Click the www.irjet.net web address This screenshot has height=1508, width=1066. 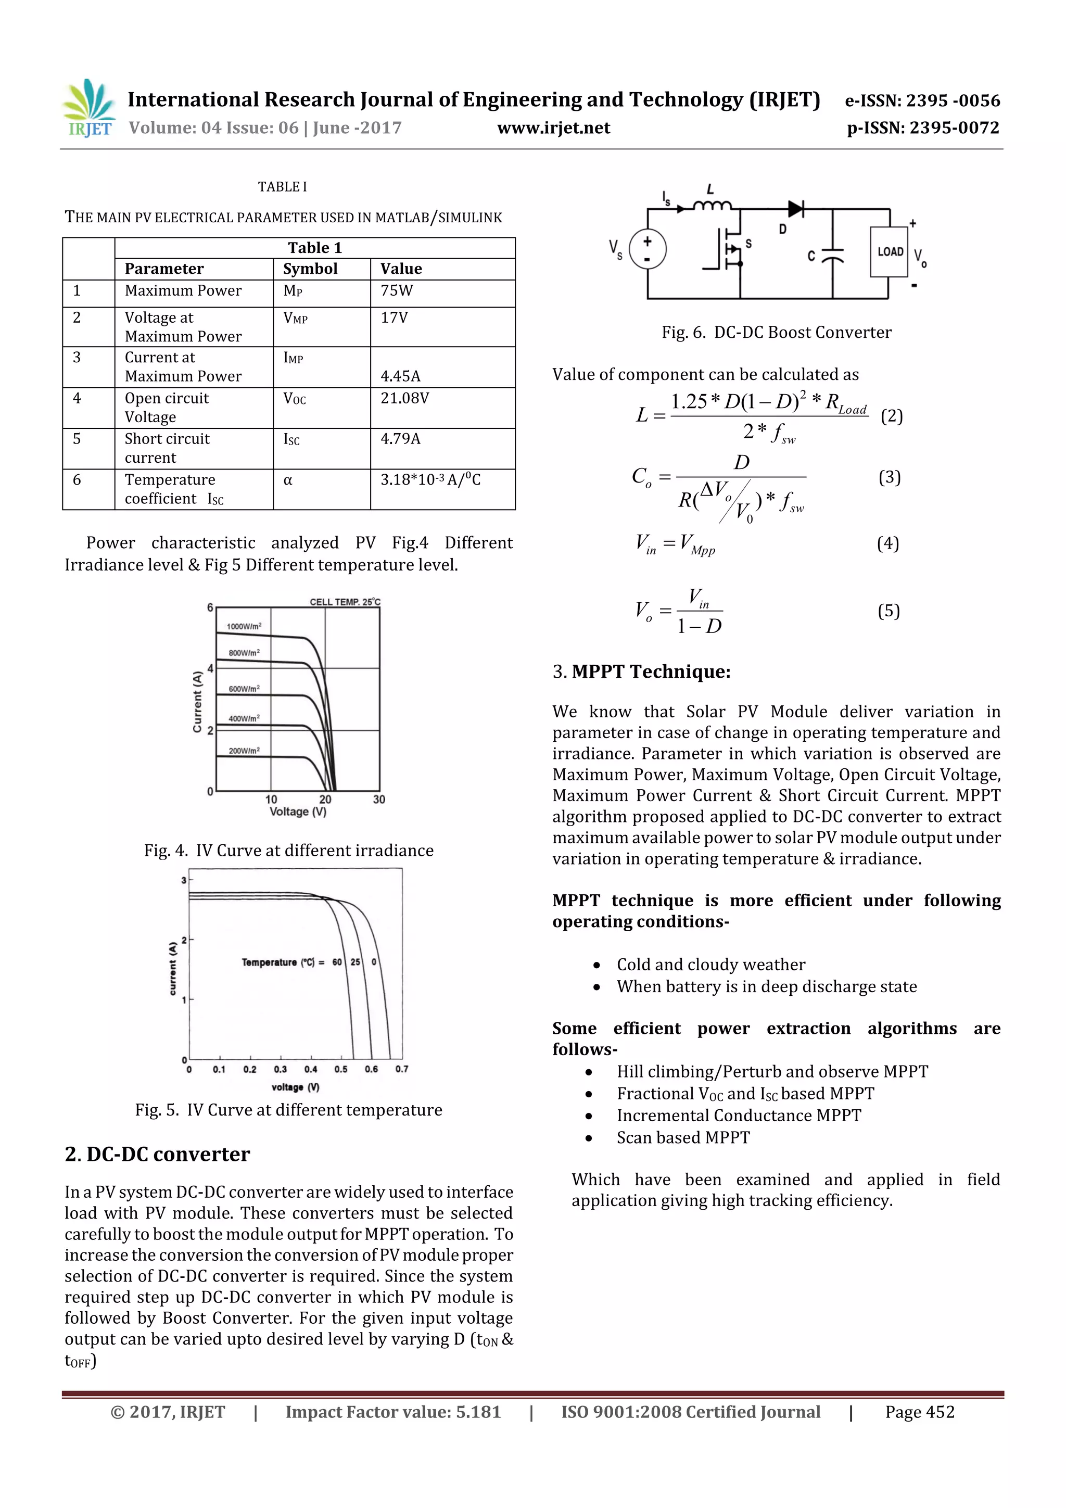pyautogui.click(x=553, y=128)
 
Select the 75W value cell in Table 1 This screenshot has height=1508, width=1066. pyautogui.click(x=397, y=291)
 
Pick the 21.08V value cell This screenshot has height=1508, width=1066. pyautogui.click(x=404, y=398)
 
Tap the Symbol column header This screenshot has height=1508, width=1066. pyautogui.click(x=310, y=269)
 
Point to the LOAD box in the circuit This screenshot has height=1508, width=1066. pyautogui.click(x=890, y=251)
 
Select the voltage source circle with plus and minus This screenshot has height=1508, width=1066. pyautogui.click(x=648, y=249)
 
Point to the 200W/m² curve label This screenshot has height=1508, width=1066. pyautogui.click(x=244, y=750)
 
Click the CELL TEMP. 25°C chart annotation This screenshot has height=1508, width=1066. pyautogui.click(x=345, y=602)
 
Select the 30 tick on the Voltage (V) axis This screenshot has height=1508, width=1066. pyautogui.click(x=379, y=800)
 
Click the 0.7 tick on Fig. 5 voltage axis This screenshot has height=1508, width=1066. pyautogui.click(x=401, y=1069)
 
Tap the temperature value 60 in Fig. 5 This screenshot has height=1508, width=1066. pyautogui.click(x=337, y=961)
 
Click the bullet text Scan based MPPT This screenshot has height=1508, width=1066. pyautogui.click(x=682, y=1137)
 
